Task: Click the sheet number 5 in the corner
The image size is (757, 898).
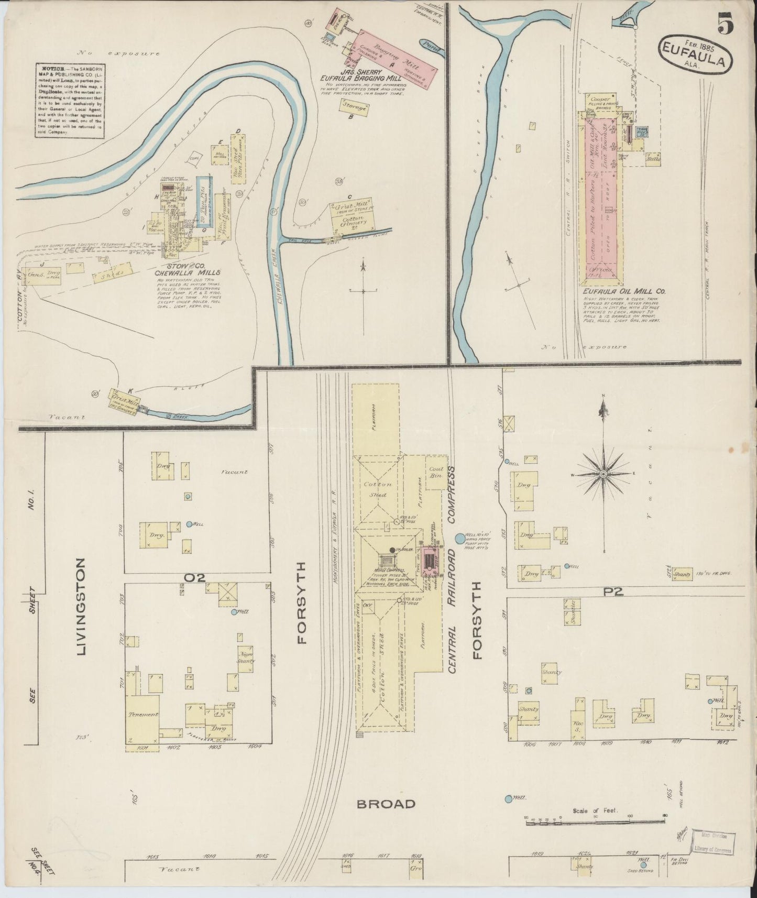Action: click(726, 24)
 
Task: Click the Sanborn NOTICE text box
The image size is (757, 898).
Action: click(70, 100)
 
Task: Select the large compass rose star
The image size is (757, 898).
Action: click(604, 474)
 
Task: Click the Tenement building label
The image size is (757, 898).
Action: click(142, 714)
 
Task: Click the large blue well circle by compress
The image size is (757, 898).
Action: click(460, 538)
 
